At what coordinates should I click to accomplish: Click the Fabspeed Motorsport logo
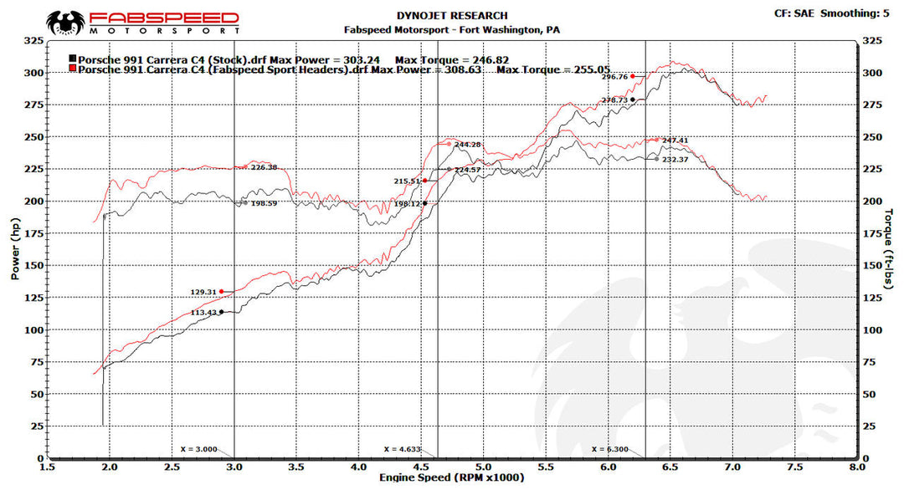pyautogui.click(x=142, y=22)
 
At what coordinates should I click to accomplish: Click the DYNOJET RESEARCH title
pyautogui.click(x=452, y=16)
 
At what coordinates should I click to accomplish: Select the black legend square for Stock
pyautogui.click(x=73, y=59)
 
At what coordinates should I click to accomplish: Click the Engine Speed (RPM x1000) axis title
pyautogui.click(x=453, y=477)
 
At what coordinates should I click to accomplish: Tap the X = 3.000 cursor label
pyautogui.click(x=199, y=449)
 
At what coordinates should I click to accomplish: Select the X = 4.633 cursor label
pyautogui.click(x=402, y=449)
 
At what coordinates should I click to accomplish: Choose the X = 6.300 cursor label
pyautogui.click(x=610, y=449)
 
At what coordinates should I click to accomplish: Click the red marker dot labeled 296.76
pyautogui.click(x=633, y=77)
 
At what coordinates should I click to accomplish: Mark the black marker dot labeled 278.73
pyautogui.click(x=633, y=100)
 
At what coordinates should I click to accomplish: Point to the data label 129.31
pyautogui.click(x=203, y=292)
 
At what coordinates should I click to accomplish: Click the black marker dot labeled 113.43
pyautogui.click(x=221, y=312)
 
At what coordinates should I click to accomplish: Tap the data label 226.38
pyautogui.click(x=264, y=167)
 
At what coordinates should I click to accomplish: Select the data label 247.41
pyautogui.click(x=675, y=140)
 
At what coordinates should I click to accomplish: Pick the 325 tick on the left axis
pyautogui.click(x=34, y=40)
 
